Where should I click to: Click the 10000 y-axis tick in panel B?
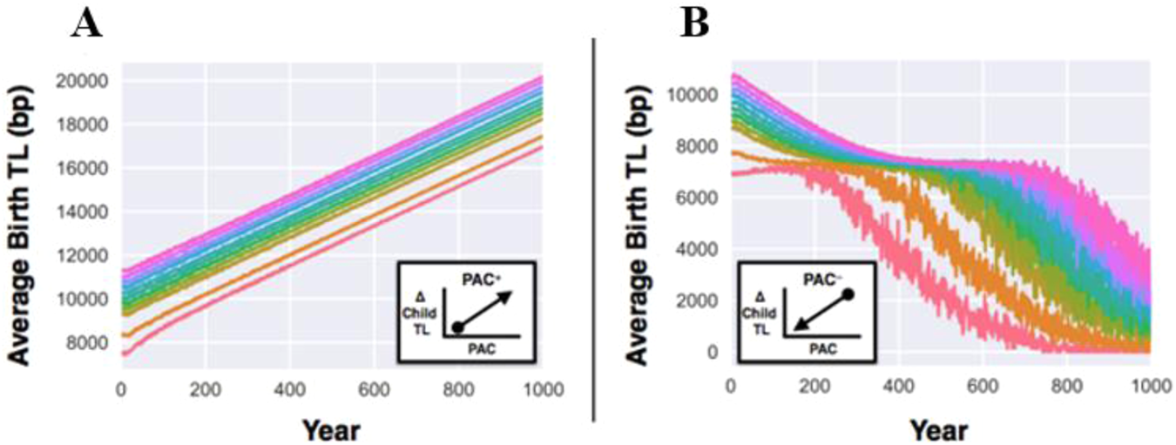click(x=695, y=95)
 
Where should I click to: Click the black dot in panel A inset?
click(x=459, y=326)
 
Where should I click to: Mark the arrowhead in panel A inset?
click(x=506, y=296)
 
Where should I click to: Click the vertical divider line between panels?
click(x=594, y=226)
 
